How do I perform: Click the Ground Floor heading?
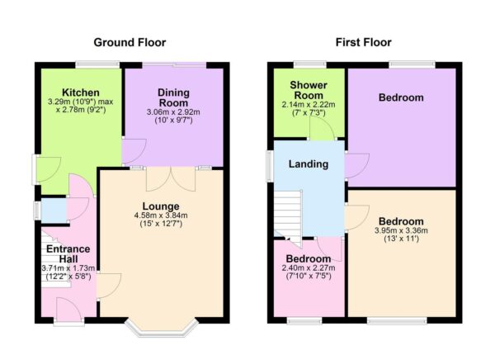pos(130,42)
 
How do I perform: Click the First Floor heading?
pos(364,42)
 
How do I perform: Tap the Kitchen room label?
pos(81,92)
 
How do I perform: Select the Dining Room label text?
pos(173,97)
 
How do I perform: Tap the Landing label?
pos(309,164)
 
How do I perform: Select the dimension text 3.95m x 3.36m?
pos(401,231)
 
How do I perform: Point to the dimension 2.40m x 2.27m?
pos(309,268)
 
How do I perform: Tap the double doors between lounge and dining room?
pos(157,178)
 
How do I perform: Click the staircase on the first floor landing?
pos(289,215)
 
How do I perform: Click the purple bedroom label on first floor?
pos(401,98)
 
